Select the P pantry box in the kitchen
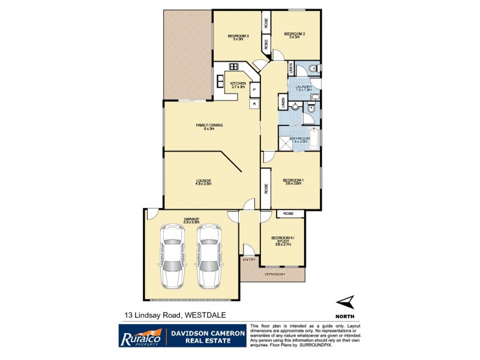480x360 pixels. click(x=254, y=89)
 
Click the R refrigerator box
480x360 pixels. click(x=254, y=104)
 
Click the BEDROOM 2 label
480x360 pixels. click(x=295, y=34)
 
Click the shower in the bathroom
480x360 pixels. click(x=283, y=143)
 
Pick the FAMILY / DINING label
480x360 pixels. click(x=209, y=126)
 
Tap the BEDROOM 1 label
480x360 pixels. click(x=294, y=181)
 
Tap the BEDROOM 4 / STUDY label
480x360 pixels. click(x=282, y=241)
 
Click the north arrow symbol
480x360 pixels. click(x=344, y=303)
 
